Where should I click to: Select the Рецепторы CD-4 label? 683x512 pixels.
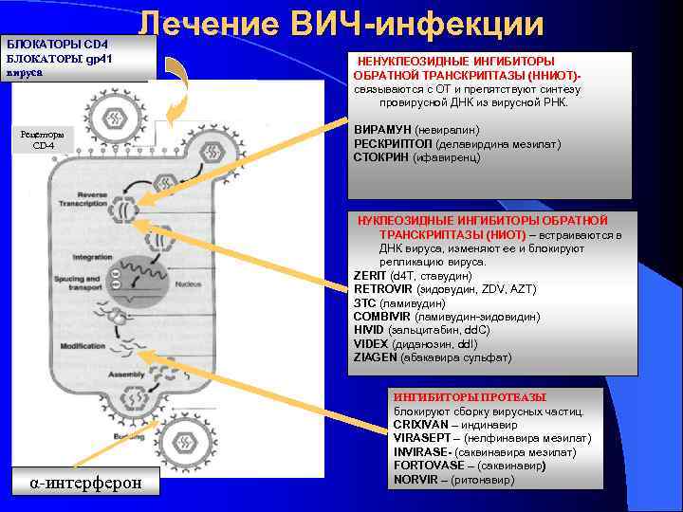pos(43,139)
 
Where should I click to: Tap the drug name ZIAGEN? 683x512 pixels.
pos(376,357)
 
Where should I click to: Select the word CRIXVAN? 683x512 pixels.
pos(420,424)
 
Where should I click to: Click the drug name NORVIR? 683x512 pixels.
pos(415,479)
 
